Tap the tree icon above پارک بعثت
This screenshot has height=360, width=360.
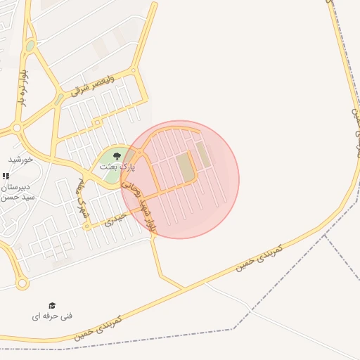point(117,155)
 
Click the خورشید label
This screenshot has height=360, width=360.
point(21,160)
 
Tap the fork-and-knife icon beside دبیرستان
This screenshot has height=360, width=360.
point(6,176)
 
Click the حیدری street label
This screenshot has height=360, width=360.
point(114,220)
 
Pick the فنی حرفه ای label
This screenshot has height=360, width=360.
point(52,316)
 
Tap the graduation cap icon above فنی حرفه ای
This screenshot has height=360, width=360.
point(52,305)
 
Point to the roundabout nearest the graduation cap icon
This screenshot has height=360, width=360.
point(22,284)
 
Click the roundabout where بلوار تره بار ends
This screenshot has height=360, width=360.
point(18,129)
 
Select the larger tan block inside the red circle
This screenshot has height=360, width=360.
point(186,167)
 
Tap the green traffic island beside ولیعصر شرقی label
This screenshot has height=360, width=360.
point(30,46)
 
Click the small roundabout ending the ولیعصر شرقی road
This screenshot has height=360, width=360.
point(136,70)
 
